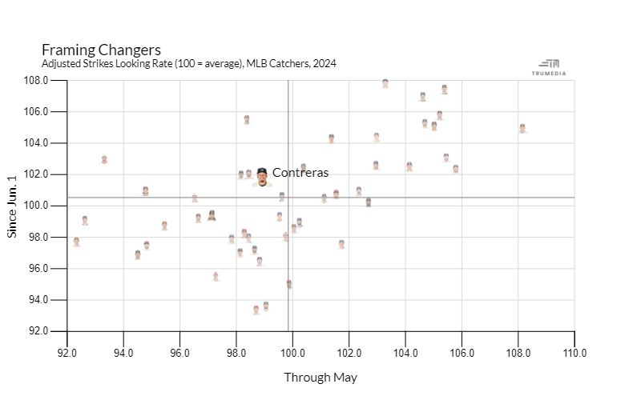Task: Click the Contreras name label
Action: tap(300, 173)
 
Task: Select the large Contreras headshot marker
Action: tap(261, 177)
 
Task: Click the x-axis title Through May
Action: tap(320, 378)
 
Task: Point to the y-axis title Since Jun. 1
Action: tap(12, 206)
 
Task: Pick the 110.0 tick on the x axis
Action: tap(574, 353)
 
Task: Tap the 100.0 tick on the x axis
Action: tap(292, 353)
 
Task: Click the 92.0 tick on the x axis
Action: tap(67, 353)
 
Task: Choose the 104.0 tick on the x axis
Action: tap(405, 353)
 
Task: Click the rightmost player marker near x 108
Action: tap(522, 128)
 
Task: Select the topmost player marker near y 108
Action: tap(385, 83)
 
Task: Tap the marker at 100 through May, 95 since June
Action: tap(288, 283)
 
